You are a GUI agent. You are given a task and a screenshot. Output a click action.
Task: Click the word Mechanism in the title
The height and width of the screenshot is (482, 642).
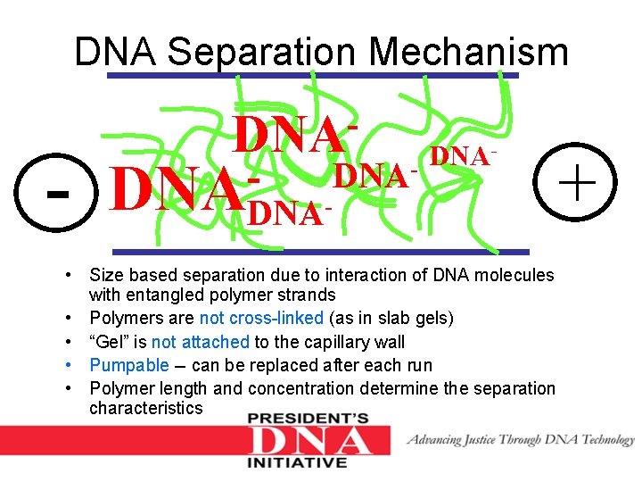tap(468, 52)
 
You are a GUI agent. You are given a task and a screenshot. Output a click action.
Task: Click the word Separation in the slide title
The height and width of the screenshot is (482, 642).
tap(263, 52)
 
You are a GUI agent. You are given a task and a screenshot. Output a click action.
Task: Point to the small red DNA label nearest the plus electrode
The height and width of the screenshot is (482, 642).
tap(462, 157)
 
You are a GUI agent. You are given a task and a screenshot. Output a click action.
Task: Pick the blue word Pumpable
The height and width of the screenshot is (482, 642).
tap(129, 365)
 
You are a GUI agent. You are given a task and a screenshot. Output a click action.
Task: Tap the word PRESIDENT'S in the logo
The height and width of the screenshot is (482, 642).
tap(309, 419)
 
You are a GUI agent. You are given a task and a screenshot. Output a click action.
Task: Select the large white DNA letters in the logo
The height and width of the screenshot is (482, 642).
tap(309, 441)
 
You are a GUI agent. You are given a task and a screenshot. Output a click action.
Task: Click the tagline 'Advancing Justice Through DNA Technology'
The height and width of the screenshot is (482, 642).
tap(521, 439)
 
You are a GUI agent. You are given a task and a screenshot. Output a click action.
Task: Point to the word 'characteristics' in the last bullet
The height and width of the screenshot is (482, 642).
tap(145, 408)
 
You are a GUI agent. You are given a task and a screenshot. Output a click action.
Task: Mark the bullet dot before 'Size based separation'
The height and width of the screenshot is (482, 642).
tap(78, 276)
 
